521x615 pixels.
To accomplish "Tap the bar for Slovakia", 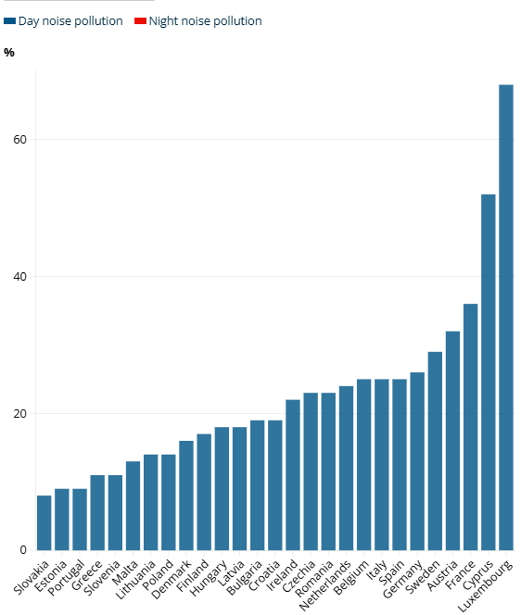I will coord(44,523).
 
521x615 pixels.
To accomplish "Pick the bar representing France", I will coord(470,427).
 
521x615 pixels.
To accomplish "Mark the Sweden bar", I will coord(435,451).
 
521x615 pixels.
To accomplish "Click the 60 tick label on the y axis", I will coord(21,139).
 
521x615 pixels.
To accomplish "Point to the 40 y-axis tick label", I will coord(21,276).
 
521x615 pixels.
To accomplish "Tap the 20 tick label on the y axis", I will coord(21,414).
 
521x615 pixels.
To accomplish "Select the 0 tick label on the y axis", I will coord(23,550).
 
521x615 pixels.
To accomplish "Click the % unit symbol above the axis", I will coord(9,53).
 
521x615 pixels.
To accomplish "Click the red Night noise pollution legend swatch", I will coord(140,21).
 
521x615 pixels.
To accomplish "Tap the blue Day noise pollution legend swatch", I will coord(10,21).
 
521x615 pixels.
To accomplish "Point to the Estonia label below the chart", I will coord(52,576).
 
